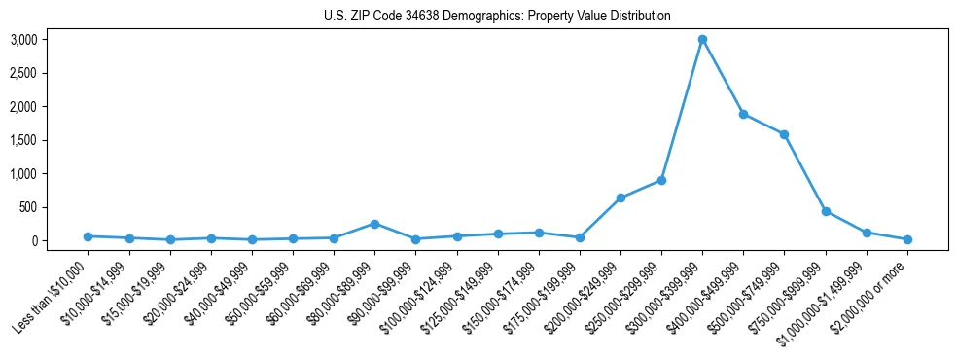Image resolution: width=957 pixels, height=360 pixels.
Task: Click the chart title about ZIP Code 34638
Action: tap(497, 17)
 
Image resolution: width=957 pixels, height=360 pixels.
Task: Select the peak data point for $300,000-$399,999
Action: tap(702, 40)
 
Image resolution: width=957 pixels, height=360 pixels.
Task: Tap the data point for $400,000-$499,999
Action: tap(743, 114)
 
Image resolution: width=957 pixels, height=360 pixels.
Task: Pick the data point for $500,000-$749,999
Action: tap(784, 134)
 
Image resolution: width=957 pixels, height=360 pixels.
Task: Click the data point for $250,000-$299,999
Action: tap(661, 180)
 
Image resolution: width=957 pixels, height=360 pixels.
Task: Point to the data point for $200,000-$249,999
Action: tap(620, 198)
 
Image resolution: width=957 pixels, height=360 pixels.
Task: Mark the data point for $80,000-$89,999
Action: tap(375, 224)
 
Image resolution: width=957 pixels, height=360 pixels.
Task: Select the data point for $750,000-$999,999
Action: tap(825, 211)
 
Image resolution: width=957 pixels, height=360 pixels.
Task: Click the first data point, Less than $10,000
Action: tap(89, 236)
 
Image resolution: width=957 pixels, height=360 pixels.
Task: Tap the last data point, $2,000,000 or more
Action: tap(906, 239)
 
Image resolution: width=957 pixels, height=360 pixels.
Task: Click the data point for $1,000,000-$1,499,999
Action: tap(866, 233)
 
